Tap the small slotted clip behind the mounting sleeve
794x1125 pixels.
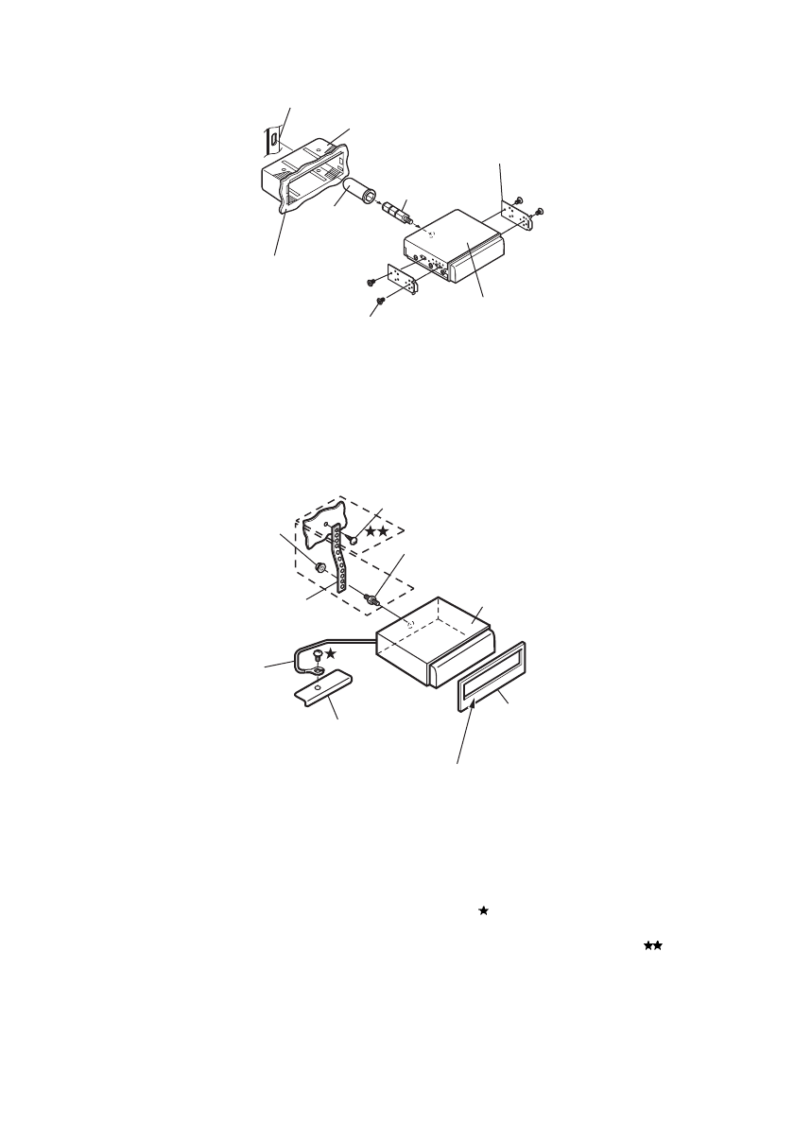coord(272,140)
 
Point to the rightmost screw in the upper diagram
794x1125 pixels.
coord(539,211)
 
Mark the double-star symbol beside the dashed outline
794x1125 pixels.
coord(377,532)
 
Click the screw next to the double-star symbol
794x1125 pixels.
coord(353,536)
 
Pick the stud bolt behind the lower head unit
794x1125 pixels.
coord(373,599)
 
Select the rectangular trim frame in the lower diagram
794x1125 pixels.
coord(495,672)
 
